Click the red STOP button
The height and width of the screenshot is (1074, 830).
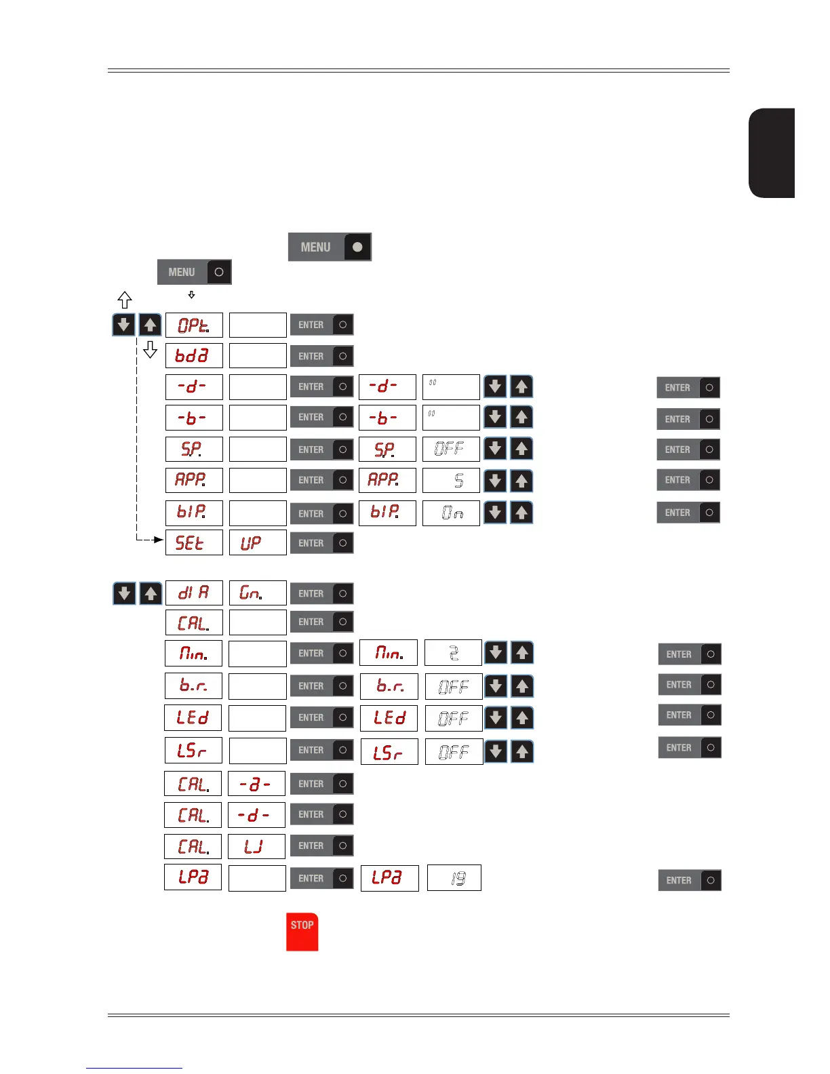pos(302,932)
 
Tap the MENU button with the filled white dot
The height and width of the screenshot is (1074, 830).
pos(330,247)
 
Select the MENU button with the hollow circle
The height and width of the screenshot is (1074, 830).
pos(195,272)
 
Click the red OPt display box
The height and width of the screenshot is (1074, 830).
pos(194,325)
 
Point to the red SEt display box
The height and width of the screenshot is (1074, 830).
pos(194,542)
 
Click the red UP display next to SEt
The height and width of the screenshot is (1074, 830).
pos(258,542)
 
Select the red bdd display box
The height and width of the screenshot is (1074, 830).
pos(194,355)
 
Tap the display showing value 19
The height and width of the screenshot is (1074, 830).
pos(454,878)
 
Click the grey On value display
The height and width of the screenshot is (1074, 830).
pos(451,513)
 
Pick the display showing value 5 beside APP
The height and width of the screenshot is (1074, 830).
pos(451,480)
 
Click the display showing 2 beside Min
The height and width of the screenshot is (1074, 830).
pos(453,653)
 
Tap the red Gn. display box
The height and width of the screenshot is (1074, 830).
pos(258,593)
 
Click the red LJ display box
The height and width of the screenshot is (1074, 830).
pos(256,846)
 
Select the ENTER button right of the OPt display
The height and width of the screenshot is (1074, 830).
pos(321,325)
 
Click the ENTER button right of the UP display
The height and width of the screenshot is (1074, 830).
pos(321,543)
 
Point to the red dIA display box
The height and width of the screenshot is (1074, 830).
pos(194,593)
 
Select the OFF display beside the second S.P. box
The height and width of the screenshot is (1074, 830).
pos(451,449)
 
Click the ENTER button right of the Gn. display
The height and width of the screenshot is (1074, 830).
pos(321,593)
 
